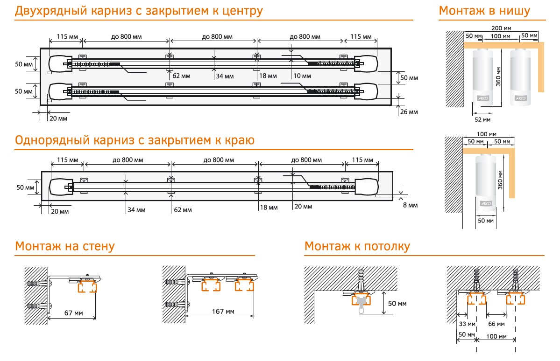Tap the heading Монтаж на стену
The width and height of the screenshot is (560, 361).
[64, 246]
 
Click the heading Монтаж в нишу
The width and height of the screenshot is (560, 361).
[484, 11]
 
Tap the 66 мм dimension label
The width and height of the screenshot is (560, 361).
[496, 324]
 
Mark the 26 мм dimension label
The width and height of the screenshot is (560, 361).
[409, 112]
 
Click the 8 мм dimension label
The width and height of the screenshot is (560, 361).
[410, 205]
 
